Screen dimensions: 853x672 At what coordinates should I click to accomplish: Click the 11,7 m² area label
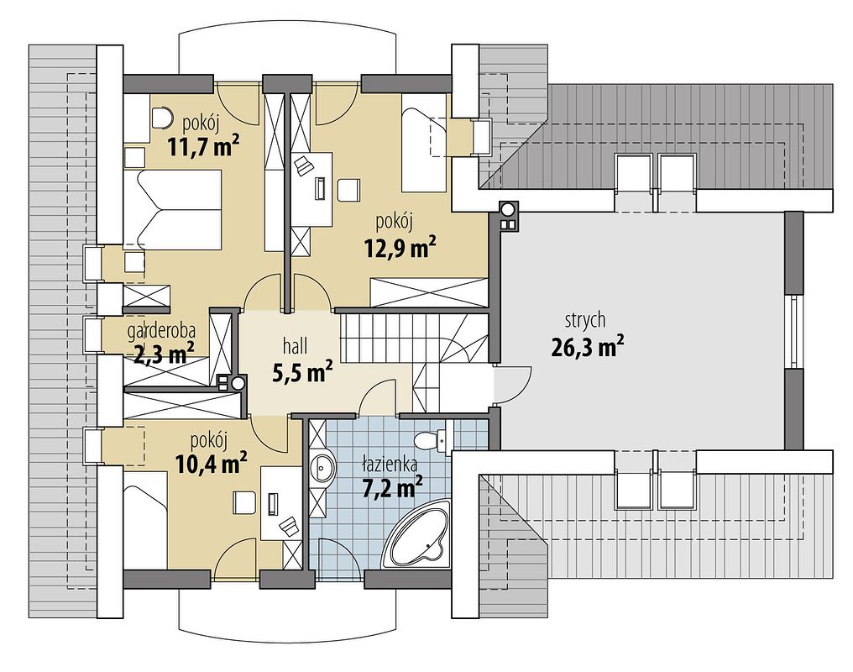point(203,147)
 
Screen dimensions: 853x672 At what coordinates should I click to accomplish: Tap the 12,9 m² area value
point(400,247)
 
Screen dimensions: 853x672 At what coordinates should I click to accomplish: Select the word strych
point(585,321)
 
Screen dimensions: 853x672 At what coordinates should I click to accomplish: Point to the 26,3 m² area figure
point(587,347)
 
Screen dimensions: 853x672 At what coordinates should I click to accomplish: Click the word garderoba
point(161,330)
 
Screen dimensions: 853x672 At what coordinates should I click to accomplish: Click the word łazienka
point(390,465)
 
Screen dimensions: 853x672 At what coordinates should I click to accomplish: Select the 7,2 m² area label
point(393,487)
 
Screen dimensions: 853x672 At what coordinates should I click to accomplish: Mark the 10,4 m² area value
point(212,463)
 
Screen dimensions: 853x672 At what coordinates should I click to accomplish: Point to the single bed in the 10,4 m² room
point(145,521)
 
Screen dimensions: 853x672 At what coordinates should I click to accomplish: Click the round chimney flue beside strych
point(509,208)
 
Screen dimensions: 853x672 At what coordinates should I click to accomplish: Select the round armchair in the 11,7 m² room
point(160,118)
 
